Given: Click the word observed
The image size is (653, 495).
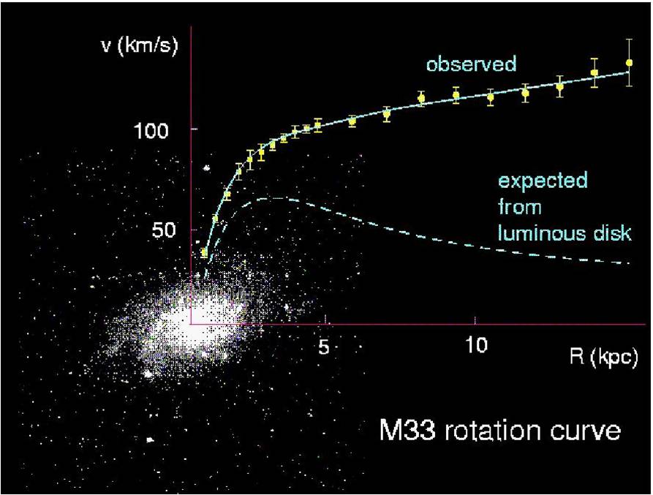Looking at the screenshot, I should (472, 64).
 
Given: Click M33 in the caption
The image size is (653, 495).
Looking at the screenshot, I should (407, 430).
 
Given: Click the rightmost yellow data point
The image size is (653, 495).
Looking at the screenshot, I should (629, 63).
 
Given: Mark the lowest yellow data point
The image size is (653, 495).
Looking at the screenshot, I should (204, 252).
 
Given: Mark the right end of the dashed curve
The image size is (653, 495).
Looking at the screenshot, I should (628, 262).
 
